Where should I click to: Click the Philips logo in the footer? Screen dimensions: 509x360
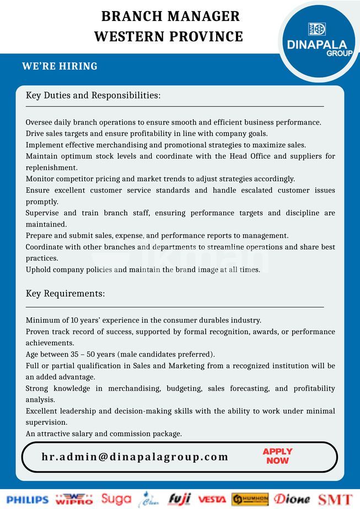28,500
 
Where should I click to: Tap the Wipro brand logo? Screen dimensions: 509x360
74,499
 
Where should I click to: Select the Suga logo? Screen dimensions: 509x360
116,499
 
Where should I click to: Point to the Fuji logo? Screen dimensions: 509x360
179,499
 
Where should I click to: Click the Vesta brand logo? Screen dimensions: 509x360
212,500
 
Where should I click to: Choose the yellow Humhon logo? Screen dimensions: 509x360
250,499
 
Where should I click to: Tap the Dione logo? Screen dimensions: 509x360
292,499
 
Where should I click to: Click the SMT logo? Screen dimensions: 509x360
335,500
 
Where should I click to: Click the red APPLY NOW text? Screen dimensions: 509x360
277,456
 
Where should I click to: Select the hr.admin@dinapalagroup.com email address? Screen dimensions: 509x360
135,457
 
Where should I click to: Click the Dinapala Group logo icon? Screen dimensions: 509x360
316,29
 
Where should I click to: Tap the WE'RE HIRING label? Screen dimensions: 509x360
60,66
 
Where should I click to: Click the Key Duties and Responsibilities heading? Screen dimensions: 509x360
93,95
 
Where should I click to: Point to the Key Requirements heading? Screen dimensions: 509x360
65,294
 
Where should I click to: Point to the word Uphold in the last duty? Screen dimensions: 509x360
38,269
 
